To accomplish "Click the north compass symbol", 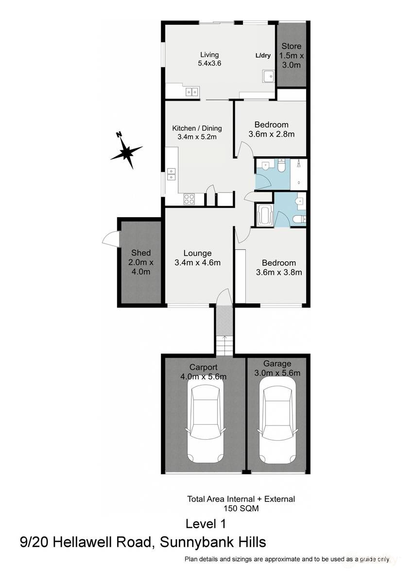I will tap(126, 151).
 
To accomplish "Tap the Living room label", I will tap(209, 55).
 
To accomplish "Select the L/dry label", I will tap(263, 55).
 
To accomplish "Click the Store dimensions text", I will tap(291, 60).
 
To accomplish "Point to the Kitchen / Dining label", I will tap(197, 128).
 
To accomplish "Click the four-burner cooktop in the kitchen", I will tap(189, 199).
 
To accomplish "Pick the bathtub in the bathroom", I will tap(264, 215).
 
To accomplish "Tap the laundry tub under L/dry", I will tap(268, 76).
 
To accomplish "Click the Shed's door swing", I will tap(111, 238).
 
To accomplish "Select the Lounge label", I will tap(197, 253).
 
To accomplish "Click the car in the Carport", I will tap(206, 419).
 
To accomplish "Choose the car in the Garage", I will tap(277, 419).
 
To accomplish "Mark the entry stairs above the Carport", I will tap(224, 344).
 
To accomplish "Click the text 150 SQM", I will tap(241, 509).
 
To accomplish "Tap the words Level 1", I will tap(206, 524).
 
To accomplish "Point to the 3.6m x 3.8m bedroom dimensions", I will tap(279, 272).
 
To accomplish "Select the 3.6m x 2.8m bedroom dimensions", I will tap(272, 134).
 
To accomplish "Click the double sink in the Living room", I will tap(191, 91).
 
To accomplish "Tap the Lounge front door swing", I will tap(223, 298).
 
